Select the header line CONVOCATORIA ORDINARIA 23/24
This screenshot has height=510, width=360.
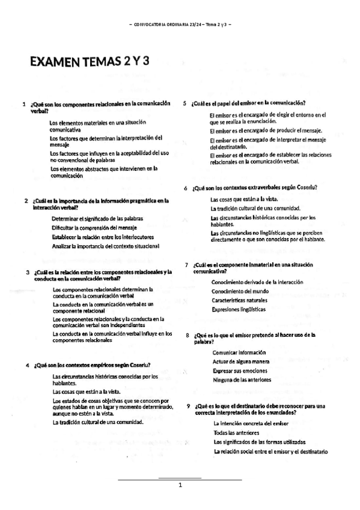coord(180,24)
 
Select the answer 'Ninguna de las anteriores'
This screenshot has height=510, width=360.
coord(242,379)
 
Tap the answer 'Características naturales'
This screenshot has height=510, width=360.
coord(239,300)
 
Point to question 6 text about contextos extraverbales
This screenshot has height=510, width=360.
coord(255,188)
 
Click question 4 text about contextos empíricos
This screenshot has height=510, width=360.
coord(92,364)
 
